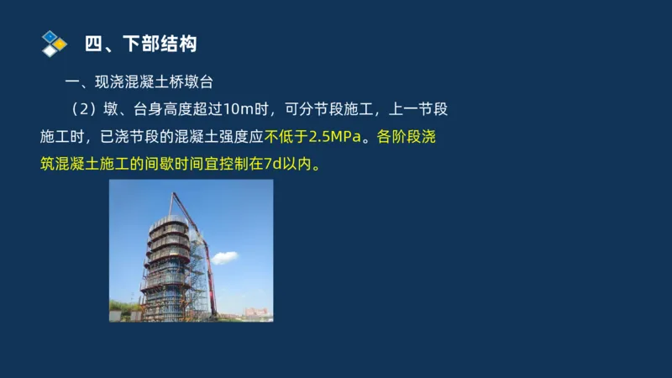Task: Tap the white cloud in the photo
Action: [224, 257]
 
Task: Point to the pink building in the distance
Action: [256, 313]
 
